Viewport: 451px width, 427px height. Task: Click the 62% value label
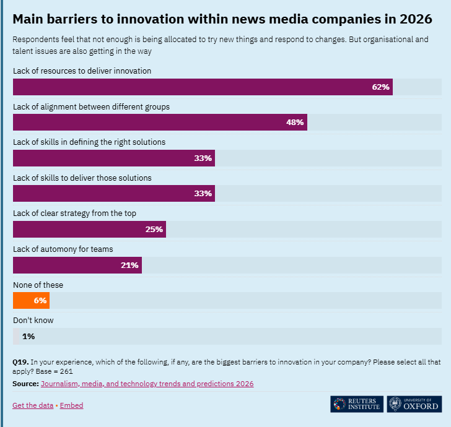click(380, 87)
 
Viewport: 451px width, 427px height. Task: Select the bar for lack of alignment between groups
click(160, 123)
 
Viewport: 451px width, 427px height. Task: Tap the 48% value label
click(295, 123)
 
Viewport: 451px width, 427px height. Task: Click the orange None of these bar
click(31, 301)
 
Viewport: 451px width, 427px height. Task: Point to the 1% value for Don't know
click(28, 337)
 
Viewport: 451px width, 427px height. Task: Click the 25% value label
click(154, 230)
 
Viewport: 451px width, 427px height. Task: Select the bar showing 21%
click(77, 265)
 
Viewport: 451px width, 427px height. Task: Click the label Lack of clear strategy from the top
click(74, 213)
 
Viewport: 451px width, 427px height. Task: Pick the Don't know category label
click(33, 321)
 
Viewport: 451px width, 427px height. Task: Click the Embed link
click(72, 405)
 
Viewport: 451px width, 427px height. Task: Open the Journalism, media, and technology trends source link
click(147, 384)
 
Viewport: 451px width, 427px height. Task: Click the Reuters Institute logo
click(356, 404)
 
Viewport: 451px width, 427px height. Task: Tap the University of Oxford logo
click(414, 404)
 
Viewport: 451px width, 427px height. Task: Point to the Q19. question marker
click(20, 361)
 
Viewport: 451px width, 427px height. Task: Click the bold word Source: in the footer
click(25, 384)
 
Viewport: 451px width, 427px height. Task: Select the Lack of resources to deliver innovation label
click(82, 71)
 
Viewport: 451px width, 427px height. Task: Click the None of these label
click(38, 285)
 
